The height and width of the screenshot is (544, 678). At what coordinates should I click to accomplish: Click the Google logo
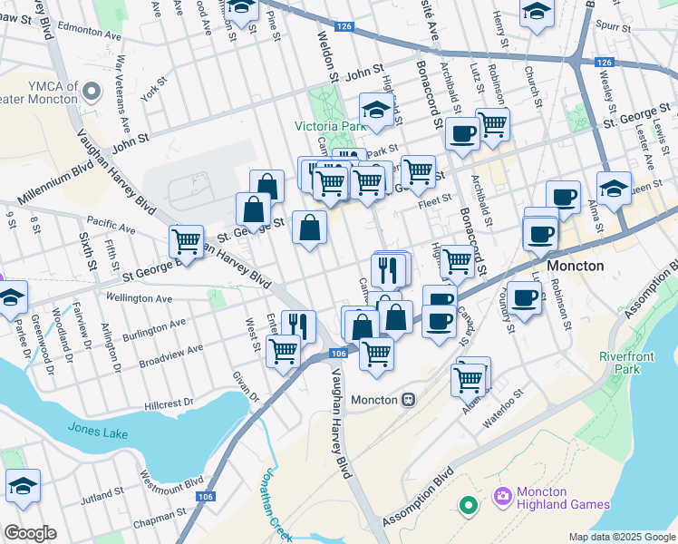click(30, 533)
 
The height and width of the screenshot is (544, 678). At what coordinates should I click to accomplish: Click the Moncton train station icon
click(410, 400)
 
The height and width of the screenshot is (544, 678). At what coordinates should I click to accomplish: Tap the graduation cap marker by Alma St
click(614, 188)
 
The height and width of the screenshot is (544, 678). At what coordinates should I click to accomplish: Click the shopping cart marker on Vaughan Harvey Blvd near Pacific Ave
click(186, 241)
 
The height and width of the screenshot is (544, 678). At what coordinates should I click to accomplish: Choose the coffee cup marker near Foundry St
click(524, 296)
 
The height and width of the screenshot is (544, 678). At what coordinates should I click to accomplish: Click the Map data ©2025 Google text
click(622, 537)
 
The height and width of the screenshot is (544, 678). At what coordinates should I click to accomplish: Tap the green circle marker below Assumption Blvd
click(469, 504)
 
